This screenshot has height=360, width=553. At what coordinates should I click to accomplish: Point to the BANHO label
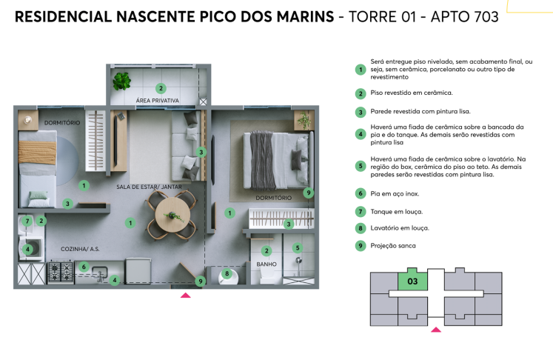267,264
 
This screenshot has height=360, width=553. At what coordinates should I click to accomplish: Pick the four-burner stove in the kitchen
60,272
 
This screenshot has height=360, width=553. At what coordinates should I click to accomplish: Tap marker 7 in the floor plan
27,221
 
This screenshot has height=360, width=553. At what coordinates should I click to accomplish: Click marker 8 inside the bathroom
227,274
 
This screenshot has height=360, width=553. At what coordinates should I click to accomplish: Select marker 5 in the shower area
298,248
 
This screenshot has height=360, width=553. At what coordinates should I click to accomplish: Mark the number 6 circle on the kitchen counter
84,267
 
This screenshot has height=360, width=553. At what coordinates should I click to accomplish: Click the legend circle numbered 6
361,193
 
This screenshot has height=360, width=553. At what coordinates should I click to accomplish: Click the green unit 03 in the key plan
413,281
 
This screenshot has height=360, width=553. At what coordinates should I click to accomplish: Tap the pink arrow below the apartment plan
186,295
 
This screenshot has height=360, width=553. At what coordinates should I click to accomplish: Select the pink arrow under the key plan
436,330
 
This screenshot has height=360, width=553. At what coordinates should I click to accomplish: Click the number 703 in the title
482,16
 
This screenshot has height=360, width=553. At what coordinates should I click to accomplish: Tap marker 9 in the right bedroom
309,193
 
